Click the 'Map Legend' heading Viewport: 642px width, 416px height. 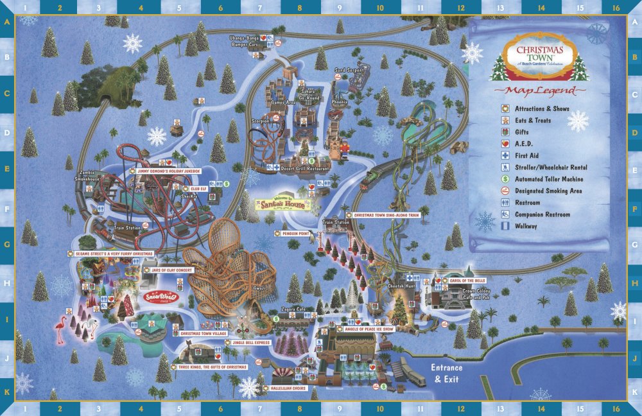[x=539, y=91]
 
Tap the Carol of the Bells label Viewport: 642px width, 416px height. [x=465, y=281]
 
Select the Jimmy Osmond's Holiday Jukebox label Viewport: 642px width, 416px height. [x=169, y=171]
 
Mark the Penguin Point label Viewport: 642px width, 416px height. [x=295, y=233]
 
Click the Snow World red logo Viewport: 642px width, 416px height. [x=157, y=297]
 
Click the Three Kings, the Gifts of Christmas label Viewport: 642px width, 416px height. [x=213, y=367]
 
